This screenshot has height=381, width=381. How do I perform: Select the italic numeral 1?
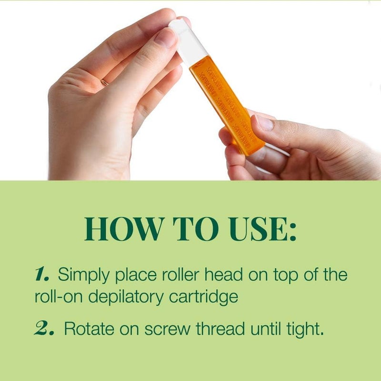tap(43, 275)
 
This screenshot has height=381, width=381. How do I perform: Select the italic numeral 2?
tap(46, 329)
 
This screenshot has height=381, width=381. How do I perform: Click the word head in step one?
tap(220, 275)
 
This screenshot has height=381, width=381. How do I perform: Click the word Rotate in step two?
tap(85, 329)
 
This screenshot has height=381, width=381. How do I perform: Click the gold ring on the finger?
tap(104, 82)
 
